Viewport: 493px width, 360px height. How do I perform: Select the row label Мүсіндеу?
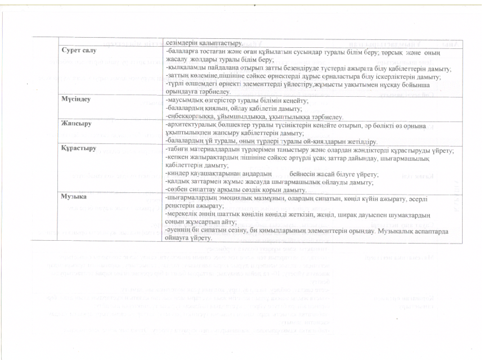(x=77, y=98)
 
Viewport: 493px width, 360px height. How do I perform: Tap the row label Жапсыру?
(x=77, y=122)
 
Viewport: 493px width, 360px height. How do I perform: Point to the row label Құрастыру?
(x=79, y=148)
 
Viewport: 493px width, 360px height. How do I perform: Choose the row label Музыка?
(x=75, y=197)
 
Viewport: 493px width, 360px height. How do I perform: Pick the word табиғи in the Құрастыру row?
(x=176, y=148)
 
